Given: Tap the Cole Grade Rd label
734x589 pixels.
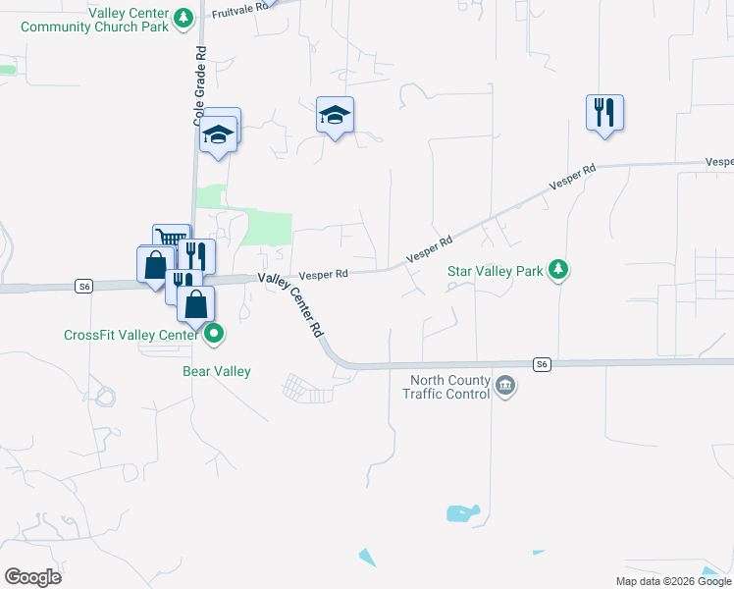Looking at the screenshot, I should pos(199,87).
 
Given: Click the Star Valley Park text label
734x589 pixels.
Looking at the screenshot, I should pos(495,270).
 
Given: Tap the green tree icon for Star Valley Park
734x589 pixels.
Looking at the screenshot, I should pos(558,269).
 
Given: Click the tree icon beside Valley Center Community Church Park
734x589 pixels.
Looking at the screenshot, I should pos(183,18).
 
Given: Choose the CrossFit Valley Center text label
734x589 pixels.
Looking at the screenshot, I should pos(131,335).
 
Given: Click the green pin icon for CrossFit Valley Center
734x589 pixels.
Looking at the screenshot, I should pos(214,335).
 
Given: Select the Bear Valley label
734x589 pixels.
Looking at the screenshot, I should pos(217,371).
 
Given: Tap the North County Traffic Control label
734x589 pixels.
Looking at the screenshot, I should pos(446,388).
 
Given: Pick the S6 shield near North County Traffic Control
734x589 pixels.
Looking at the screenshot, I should pos(542,364).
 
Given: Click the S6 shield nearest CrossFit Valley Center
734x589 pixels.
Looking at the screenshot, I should pos(84,286).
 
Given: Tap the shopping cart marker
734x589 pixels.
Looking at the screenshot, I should pos(171,239).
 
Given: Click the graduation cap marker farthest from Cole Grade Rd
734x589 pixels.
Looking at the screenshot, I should pos(336,116).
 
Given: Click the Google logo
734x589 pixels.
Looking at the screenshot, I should pos(32,577).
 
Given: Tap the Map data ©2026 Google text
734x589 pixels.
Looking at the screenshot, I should pos(674,581).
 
